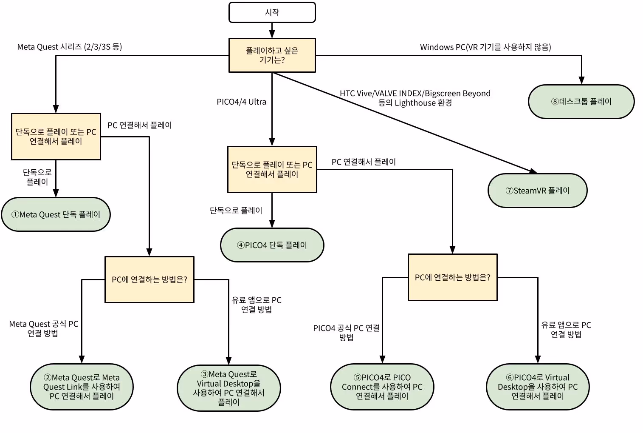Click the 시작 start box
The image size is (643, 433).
pyautogui.click(x=272, y=12)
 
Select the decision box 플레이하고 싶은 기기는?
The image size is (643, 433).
pyautogui.click(x=272, y=55)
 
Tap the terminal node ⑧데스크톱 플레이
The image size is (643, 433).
pyautogui.click(x=581, y=102)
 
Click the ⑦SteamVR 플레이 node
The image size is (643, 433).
pyautogui.click(x=538, y=191)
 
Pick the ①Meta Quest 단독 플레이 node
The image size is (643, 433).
pyautogui.click(x=56, y=214)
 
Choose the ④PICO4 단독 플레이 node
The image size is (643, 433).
pyautogui.click(x=272, y=245)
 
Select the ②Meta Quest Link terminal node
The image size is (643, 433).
pyautogui.click(x=82, y=387)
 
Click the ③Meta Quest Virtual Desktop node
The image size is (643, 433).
pyautogui.click(x=228, y=388)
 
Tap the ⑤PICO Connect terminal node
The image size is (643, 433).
pyautogui.click(x=382, y=387)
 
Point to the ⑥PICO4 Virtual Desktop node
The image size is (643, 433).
pyautogui.click(x=538, y=387)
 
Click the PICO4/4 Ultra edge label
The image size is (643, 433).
pyautogui.click(x=241, y=102)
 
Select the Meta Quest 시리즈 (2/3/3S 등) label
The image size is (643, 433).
pyautogui.click(x=70, y=47)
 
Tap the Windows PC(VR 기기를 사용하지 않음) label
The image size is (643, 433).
pyautogui.click(x=485, y=47)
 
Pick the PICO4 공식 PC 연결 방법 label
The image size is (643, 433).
pyautogui.click(x=346, y=333)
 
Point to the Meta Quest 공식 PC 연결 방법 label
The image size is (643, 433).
pyautogui.click(x=43, y=328)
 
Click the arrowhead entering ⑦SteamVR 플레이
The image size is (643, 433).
pyautogui.click(x=533, y=171)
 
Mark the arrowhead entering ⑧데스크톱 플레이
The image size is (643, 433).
pyautogui.click(x=581, y=80)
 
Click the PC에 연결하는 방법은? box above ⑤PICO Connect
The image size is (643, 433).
pyautogui.click(x=452, y=277)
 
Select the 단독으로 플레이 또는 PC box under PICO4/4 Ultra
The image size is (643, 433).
pyautogui.click(x=272, y=169)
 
